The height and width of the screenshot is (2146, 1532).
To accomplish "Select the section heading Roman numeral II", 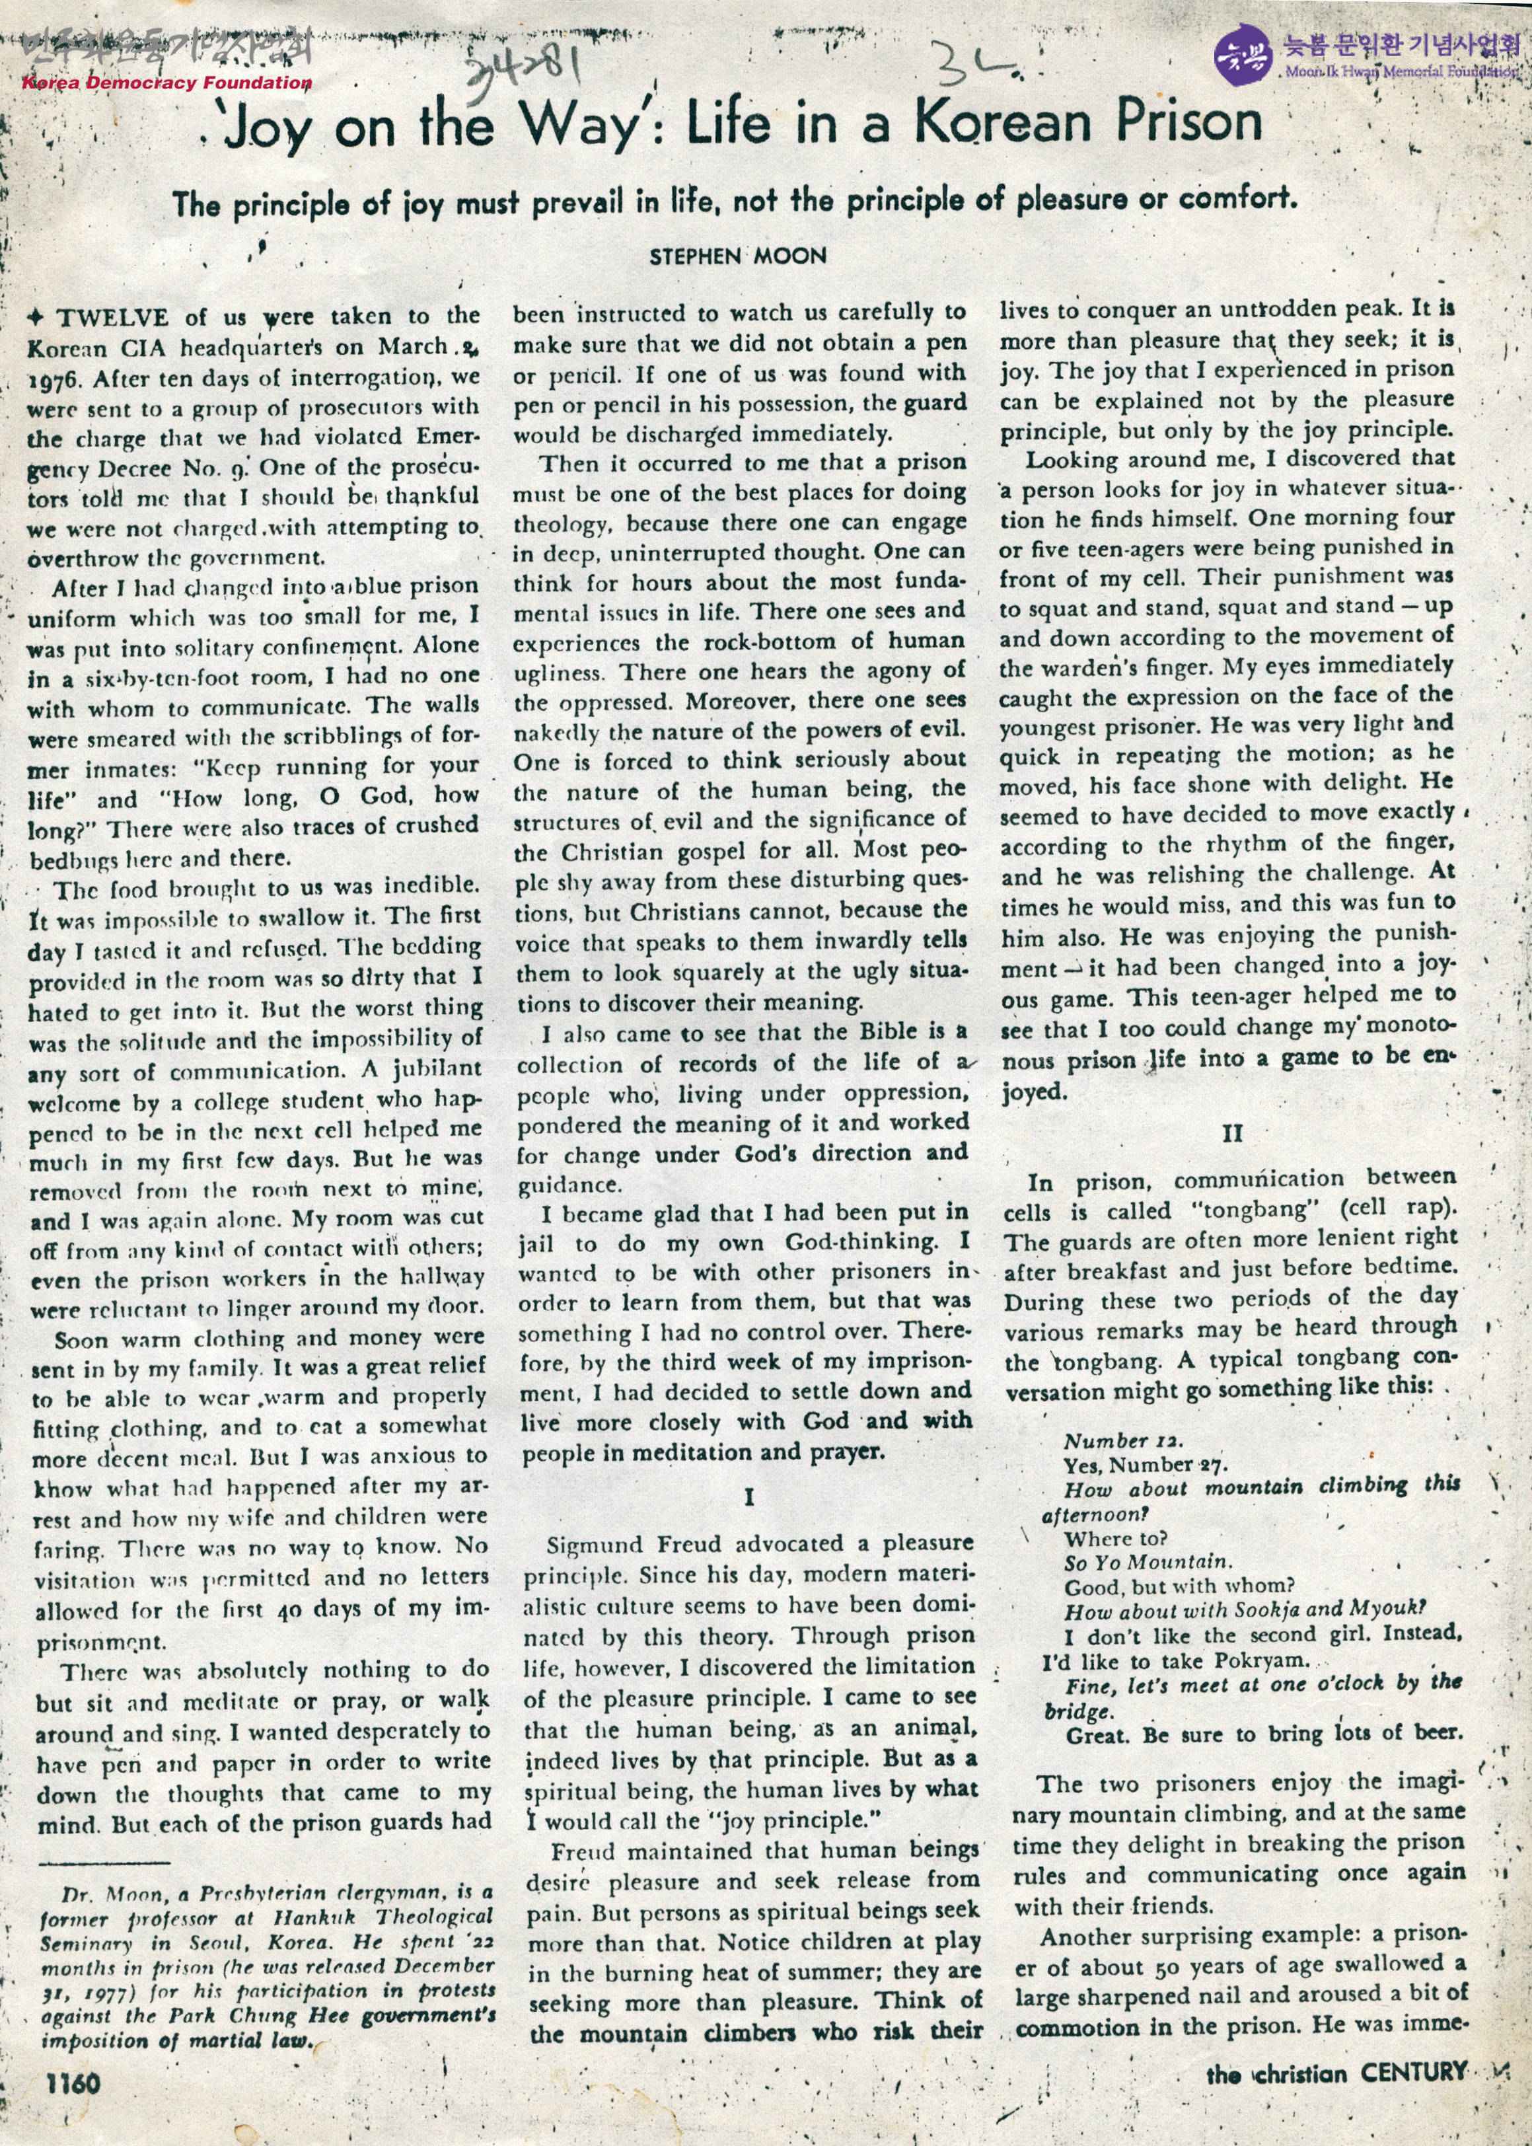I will [x=1232, y=1133].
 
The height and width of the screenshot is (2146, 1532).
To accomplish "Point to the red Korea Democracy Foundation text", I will [x=166, y=82].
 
